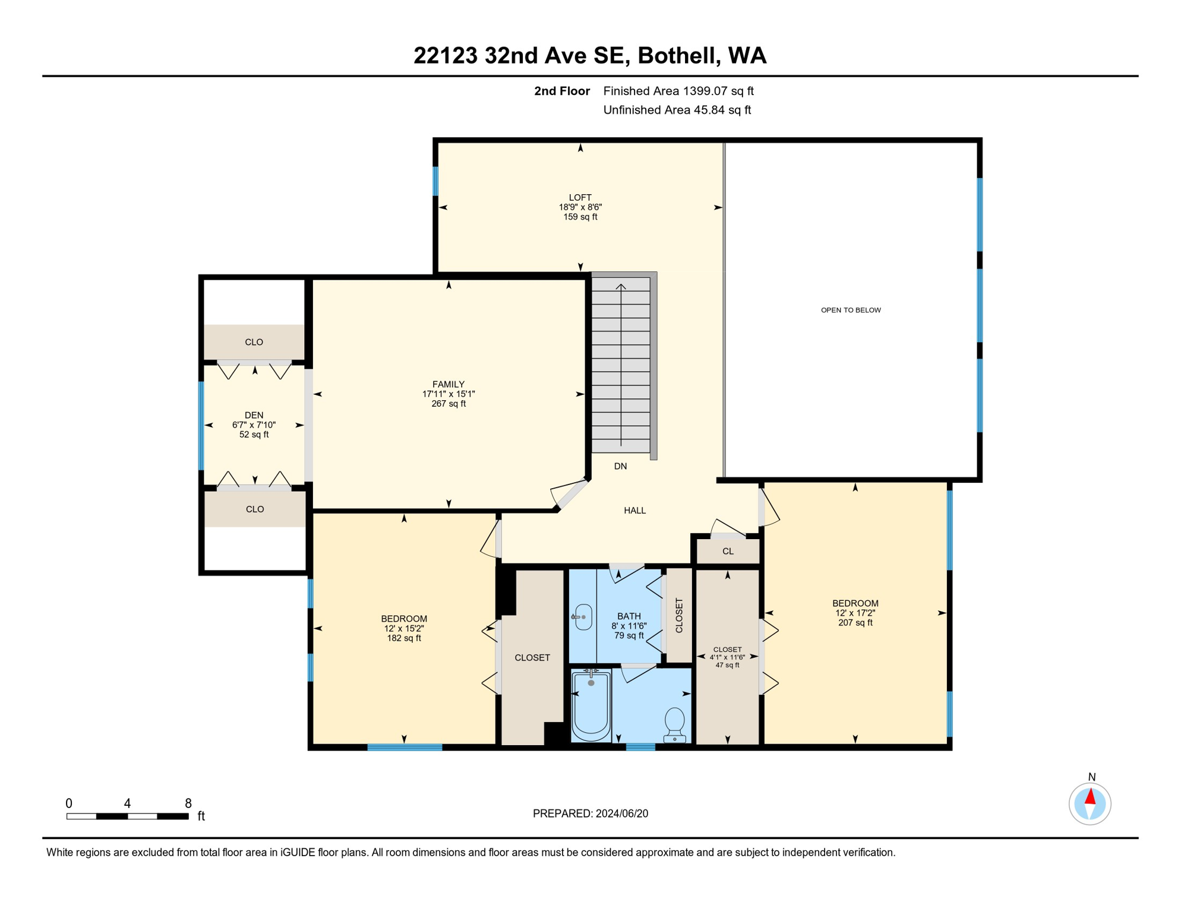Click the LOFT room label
(x=580, y=198)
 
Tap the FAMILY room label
(x=449, y=384)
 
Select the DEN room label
(x=254, y=415)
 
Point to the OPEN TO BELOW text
(x=851, y=310)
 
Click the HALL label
(x=634, y=510)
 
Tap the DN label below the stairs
(x=620, y=466)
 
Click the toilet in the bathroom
(x=674, y=725)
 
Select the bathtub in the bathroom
(x=591, y=705)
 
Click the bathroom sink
(x=583, y=617)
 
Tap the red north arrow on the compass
(x=1090, y=797)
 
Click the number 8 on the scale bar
(x=188, y=803)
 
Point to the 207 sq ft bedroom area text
(x=855, y=623)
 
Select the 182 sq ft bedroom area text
(x=404, y=638)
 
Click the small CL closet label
(x=728, y=551)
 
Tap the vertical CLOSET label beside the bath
(x=679, y=615)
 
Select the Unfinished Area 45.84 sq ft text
(x=677, y=110)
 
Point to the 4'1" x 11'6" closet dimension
(x=727, y=657)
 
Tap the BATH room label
(x=629, y=616)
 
